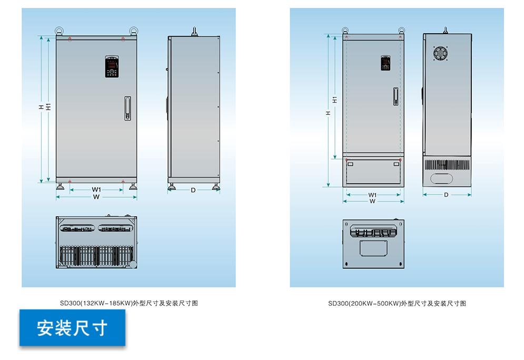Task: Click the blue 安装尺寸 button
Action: point(72,328)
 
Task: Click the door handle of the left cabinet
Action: point(127,109)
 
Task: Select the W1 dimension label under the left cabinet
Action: point(96,189)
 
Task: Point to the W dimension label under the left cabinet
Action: point(96,197)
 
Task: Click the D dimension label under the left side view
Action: point(193,190)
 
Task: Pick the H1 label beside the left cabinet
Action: point(48,106)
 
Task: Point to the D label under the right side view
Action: point(446,195)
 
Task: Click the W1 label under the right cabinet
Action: point(372,195)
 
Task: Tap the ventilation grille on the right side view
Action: point(447,164)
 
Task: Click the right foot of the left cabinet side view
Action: point(215,186)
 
